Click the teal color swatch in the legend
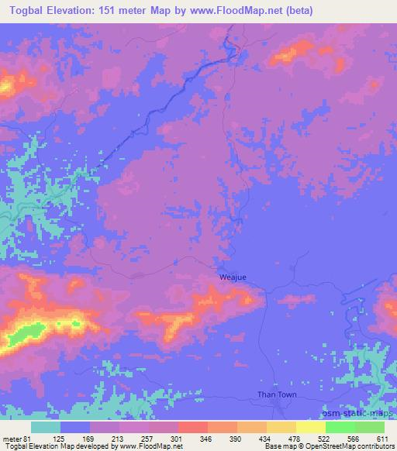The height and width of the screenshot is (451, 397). (46, 427)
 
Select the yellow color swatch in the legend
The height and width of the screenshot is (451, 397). (310, 427)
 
